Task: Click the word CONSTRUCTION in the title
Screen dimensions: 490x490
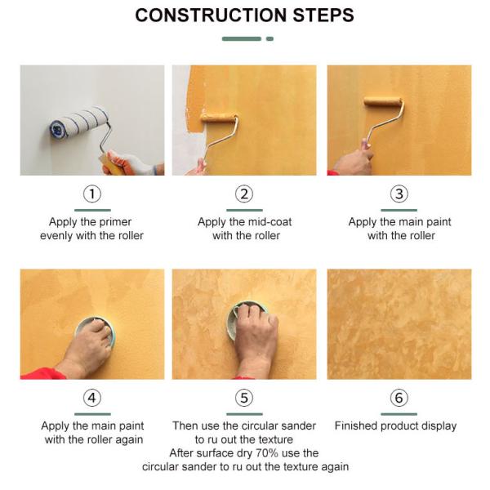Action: [x=211, y=15]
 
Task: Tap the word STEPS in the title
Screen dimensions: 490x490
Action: [x=323, y=15]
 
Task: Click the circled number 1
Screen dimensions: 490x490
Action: [x=92, y=194]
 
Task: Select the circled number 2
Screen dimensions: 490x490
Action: [x=244, y=194]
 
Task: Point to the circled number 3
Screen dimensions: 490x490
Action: [x=399, y=194]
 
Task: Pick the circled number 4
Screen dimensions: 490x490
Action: [x=92, y=398]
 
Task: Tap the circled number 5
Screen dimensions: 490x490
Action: [x=244, y=398]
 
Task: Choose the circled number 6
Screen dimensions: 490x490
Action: [x=399, y=398]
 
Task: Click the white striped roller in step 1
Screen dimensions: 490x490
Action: [x=79, y=122]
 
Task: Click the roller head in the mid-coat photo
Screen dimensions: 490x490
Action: [x=218, y=118]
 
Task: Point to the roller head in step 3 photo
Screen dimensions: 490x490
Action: [x=383, y=101]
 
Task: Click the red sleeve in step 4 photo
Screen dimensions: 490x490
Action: [x=43, y=373]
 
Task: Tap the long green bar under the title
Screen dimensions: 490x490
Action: [x=242, y=38]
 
